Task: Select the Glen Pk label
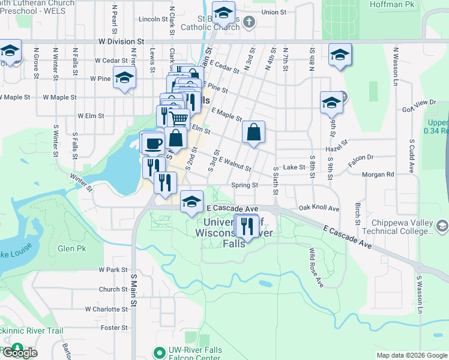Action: click(72, 248)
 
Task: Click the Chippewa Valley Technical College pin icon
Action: click(442, 226)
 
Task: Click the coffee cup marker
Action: click(154, 143)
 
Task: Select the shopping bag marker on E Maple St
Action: click(253, 132)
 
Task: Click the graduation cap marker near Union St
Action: click(223, 12)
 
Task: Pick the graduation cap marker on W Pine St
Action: click(124, 78)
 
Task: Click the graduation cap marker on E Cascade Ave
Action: click(191, 202)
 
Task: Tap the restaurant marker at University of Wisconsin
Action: click(247, 226)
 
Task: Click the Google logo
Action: click(19, 353)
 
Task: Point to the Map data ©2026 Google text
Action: click(412, 355)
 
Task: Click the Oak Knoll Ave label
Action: click(319, 209)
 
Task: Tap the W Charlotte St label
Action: click(104, 309)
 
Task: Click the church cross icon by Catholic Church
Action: click(250, 22)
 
